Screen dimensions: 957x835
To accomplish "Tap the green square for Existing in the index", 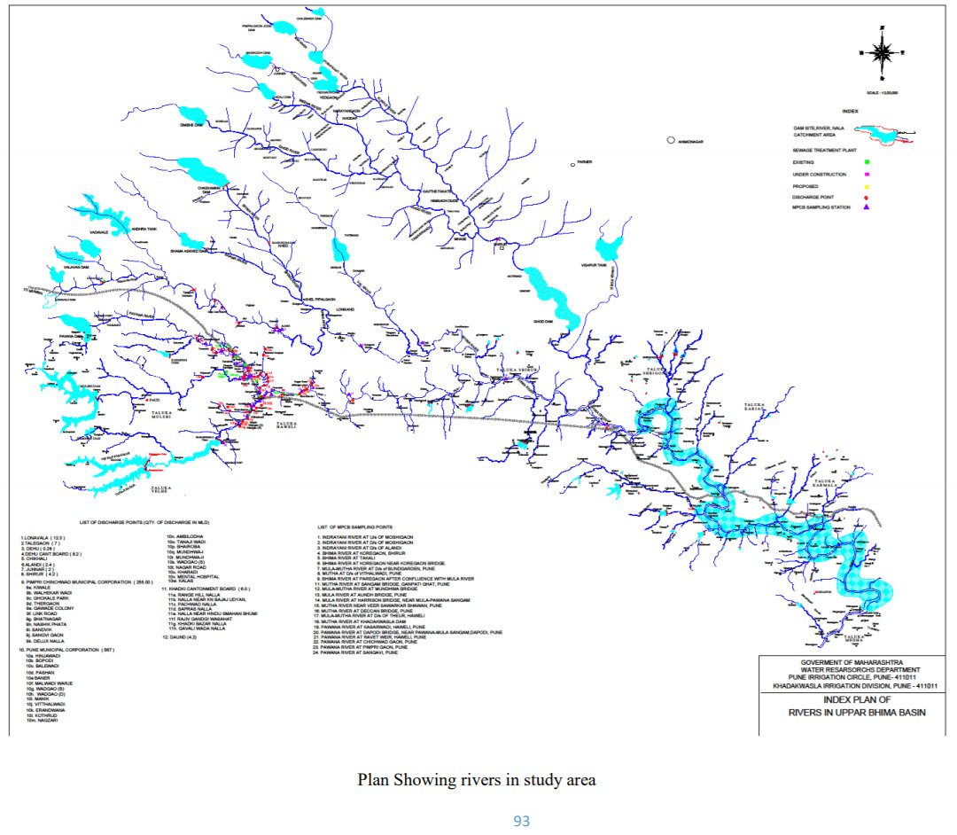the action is (x=867, y=162).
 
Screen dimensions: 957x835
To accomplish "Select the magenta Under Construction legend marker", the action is (x=867, y=175).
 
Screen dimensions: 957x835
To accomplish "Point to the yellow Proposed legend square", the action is (x=867, y=186).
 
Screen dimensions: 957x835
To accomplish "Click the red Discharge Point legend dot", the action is (x=867, y=197).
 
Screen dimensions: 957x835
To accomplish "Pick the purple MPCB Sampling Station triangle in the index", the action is (x=867, y=207).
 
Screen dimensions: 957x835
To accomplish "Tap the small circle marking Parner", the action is (x=572, y=164).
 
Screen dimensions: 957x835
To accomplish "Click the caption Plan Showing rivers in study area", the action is (x=477, y=780).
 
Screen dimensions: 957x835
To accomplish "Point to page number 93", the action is (x=521, y=821).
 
